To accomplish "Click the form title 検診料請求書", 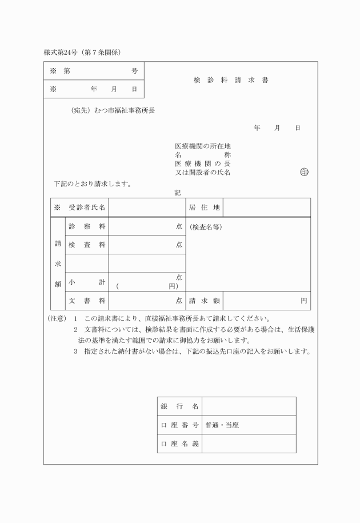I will coord(230,81).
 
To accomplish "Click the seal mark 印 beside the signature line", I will coord(303,173).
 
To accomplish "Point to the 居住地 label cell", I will coord(204,207).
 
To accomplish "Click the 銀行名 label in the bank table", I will coord(179,406).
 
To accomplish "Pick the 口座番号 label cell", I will coord(179,425).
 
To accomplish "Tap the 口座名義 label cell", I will coord(179,444).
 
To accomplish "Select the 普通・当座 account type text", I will coord(222,425).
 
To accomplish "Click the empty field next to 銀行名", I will coord(249,406).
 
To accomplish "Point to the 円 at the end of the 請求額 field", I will coord(304,301).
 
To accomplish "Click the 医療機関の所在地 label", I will coord(202,146).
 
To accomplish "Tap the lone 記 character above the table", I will coord(178,193).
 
